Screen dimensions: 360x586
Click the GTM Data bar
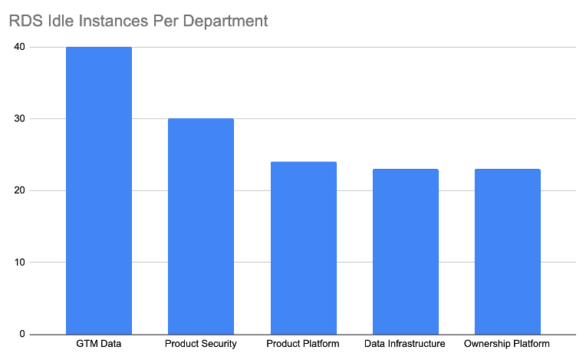tap(98, 190)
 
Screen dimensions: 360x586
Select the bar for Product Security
tap(201, 226)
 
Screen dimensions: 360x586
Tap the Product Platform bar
tap(303, 248)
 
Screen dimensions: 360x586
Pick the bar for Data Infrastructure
tap(405, 251)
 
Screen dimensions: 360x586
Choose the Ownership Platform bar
tap(507, 251)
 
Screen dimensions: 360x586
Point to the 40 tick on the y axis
tap(18, 47)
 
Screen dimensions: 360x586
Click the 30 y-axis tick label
tap(18, 119)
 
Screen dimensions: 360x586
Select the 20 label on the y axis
tap(18, 190)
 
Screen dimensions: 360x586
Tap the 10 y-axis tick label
tap(18, 263)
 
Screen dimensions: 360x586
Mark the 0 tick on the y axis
tap(21, 334)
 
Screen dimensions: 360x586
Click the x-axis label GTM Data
tap(98, 344)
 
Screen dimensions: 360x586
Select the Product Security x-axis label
tap(201, 344)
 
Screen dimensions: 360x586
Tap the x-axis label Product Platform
tap(303, 344)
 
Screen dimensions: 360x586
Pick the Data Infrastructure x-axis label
tap(405, 344)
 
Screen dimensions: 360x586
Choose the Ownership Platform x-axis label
tap(507, 344)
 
